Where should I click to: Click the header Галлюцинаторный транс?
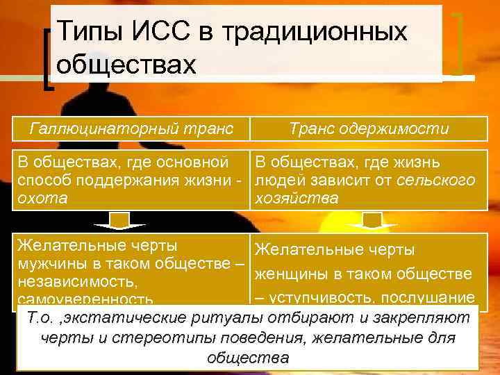click(x=131, y=128)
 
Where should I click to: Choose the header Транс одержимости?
click(x=369, y=128)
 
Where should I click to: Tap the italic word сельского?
click(x=437, y=181)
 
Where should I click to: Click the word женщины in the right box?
click(x=292, y=274)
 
